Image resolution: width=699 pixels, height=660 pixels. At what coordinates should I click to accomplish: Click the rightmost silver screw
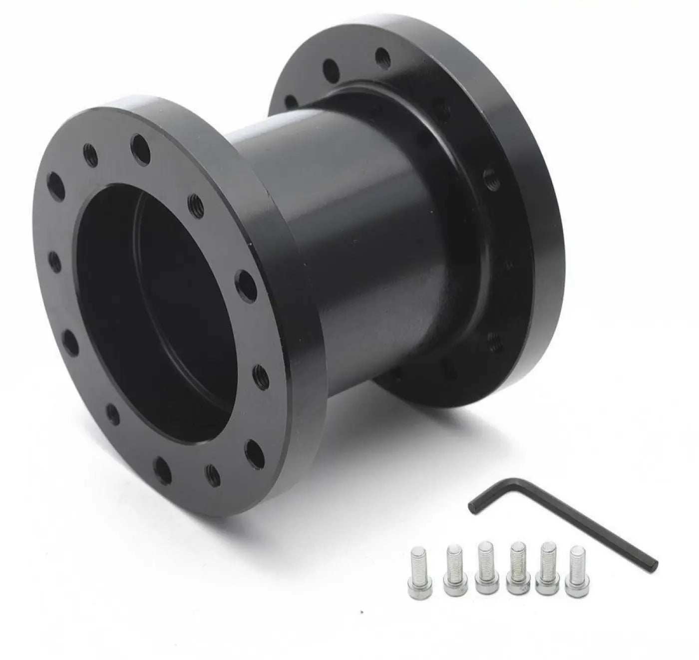pyautogui.click(x=576, y=571)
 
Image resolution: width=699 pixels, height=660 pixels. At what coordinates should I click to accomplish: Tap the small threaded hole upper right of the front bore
pyautogui.click(x=195, y=203)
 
